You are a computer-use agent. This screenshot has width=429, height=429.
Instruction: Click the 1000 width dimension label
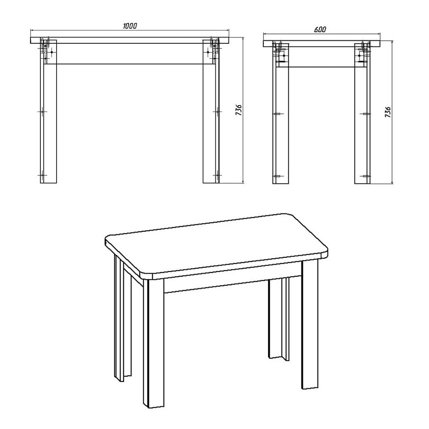click(130, 26)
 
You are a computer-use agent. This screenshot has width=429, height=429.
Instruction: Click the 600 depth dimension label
click(320, 30)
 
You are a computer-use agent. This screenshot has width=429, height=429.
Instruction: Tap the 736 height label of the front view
click(239, 110)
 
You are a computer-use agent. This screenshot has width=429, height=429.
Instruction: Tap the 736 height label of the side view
click(388, 112)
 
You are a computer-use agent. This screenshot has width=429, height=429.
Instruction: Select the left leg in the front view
click(48, 112)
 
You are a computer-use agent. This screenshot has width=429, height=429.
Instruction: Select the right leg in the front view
click(211, 112)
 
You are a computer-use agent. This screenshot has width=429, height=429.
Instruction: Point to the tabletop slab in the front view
click(130, 40)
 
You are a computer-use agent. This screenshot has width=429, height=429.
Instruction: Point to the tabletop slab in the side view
click(322, 44)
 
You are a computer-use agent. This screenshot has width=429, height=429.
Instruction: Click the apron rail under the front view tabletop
click(130, 54)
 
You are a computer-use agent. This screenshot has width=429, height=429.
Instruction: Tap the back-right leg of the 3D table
click(278, 317)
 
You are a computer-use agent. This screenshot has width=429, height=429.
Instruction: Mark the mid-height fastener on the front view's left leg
click(42, 112)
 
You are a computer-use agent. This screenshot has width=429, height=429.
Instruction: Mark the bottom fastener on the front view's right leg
click(217, 175)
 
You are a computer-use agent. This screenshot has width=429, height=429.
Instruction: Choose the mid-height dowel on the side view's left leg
click(278, 114)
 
